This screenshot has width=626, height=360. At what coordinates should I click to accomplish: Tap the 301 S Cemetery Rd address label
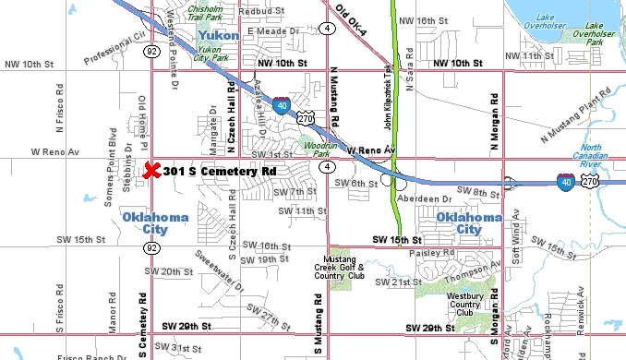pyautogui.click(x=220, y=172)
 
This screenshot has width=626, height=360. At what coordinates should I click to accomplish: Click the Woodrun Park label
pyautogui.click(x=317, y=149)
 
